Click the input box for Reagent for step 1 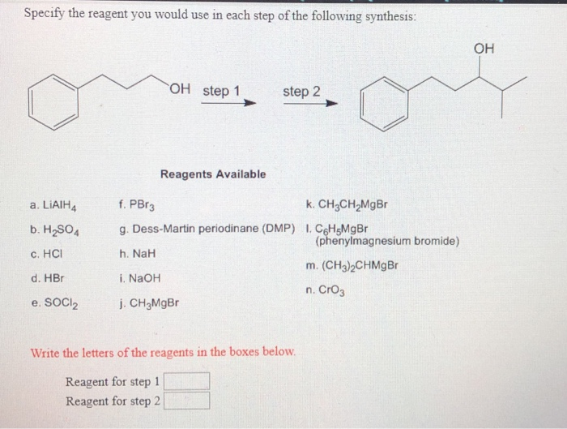point(188,381)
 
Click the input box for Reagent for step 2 point(188,401)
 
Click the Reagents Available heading point(213,174)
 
